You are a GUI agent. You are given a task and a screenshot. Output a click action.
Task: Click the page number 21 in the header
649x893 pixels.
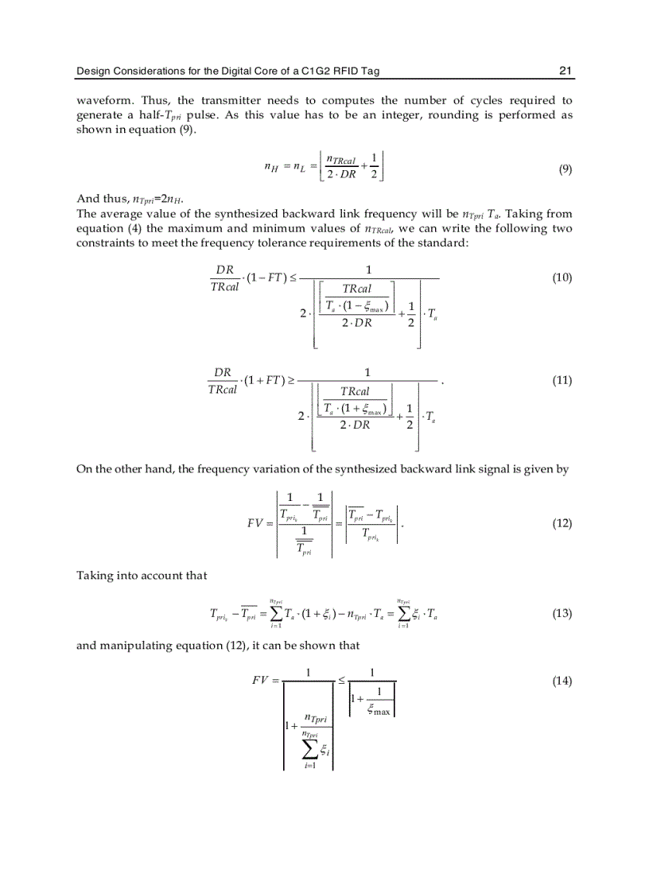coord(565,71)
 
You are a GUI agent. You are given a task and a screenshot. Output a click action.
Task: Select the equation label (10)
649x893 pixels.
coord(562,278)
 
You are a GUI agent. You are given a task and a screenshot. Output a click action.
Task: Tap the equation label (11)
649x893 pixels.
coord(562,381)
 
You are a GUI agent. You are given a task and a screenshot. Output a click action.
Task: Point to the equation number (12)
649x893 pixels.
coord(562,523)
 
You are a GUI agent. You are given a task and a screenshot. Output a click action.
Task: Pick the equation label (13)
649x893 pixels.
coord(562,614)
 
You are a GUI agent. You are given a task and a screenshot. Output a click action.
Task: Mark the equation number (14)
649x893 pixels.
coord(562,681)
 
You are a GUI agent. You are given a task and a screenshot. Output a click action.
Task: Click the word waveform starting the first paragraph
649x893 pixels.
coord(101,101)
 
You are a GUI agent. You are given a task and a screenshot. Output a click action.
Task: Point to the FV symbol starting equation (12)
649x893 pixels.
coord(258,524)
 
